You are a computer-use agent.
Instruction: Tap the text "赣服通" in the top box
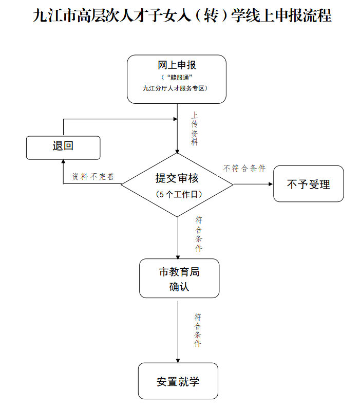tap(177, 77)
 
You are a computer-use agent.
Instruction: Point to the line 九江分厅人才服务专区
tap(177, 88)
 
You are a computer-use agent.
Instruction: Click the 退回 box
tap(63, 147)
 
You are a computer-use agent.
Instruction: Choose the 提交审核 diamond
tap(177, 184)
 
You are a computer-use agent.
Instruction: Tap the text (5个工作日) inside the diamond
tap(177, 195)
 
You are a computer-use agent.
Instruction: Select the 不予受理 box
tap(308, 183)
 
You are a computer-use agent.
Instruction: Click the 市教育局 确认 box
tap(179, 279)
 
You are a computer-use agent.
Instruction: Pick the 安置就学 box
tap(178, 381)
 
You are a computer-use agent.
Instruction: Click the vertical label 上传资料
tap(195, 129)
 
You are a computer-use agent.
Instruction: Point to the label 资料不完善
tap(93, 176)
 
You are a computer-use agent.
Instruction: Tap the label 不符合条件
tap(244, 168)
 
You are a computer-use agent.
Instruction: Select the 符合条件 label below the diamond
tap(198, 234)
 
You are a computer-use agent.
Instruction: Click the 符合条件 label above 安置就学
tap(198, 330)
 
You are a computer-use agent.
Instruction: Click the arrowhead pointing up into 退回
tap(63, 162)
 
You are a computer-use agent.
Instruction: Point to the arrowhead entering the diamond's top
tap(177, 151)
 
